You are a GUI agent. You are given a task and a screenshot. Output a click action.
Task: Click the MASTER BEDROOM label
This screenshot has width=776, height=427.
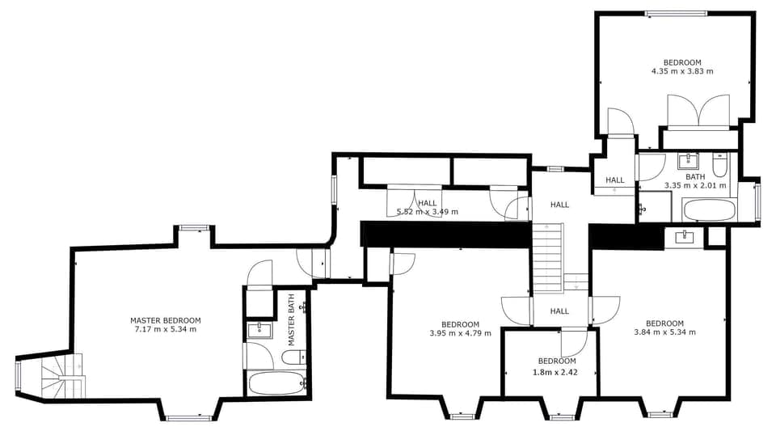(166, 320)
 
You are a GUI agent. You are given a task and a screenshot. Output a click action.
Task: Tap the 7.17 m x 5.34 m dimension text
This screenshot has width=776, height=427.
(166, 329)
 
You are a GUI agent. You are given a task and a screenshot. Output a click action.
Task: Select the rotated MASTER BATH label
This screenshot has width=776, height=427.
(292, 320)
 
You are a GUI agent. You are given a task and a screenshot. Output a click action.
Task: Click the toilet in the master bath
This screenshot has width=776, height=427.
(294, 356)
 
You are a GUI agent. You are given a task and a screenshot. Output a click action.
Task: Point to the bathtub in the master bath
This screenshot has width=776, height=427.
(276, 382)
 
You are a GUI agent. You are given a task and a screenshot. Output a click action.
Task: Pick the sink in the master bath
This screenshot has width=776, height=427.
(259, 328)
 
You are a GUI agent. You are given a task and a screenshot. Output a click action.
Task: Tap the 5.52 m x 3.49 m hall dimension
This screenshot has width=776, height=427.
(428, 212)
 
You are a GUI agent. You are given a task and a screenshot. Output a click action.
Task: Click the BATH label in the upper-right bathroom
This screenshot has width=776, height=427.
(695, 176)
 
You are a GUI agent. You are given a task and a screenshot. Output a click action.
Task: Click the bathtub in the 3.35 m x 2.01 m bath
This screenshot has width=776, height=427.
(709, 210)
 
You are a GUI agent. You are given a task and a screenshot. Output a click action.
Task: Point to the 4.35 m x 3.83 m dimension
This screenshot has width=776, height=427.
(682, 71)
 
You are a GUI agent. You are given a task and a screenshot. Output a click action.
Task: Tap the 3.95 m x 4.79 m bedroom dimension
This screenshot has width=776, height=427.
(460, 332)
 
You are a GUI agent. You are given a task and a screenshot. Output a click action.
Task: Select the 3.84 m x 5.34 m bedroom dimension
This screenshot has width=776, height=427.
(664, 332)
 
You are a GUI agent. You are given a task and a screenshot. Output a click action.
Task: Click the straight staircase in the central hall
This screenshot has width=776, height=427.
(547, 257)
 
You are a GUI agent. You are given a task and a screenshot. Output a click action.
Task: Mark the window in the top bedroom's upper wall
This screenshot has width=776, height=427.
(676, 13)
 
